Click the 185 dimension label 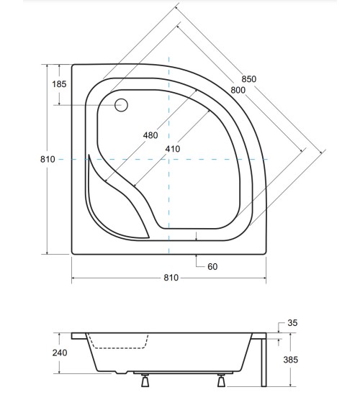pyautogui.click(x=59, y=84)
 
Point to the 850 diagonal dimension pyautogui.click(x=248, y=79)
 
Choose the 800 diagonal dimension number pyautogui.click(x=238, y=90)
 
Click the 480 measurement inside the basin pyautogui.click(x=150, y=135)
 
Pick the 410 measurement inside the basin pyautogui.click(x=172, y=149)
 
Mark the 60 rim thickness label pyautogui.click(x=212, y=267)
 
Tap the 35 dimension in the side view pyautogui.click(x=292, y=324)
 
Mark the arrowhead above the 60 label pyautogui.click(x=197, y=236)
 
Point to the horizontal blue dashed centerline pyautogui.click(x=216, y=159)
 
